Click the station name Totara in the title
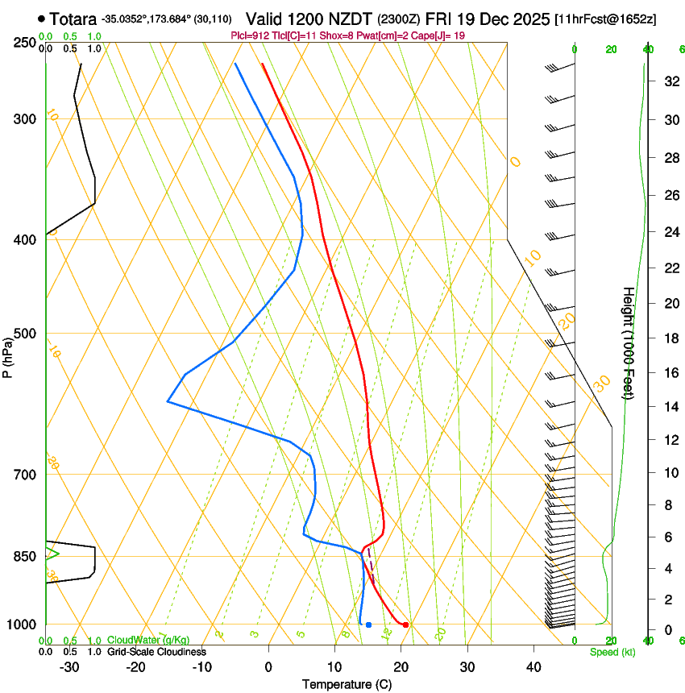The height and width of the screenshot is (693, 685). click(x=73, y=19)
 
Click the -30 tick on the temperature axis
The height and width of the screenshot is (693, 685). click(x=69, y=666)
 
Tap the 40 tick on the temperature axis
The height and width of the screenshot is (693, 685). click(x=533, y=666)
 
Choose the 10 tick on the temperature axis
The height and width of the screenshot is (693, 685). click(x=334, y=666)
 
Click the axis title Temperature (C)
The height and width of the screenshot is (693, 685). click(x=347, y=684)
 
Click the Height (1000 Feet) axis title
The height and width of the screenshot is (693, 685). click(x=629, y=342)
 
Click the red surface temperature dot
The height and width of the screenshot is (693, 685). click(x=406, y=625)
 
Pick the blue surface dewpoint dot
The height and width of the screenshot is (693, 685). click(x=368, y=625)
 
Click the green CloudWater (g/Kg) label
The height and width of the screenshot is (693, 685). click(x=147, y=641)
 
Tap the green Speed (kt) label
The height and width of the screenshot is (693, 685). click(x=612, y=651)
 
